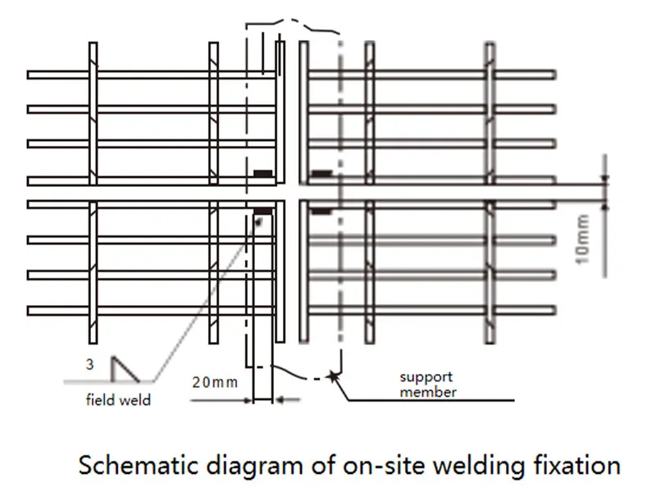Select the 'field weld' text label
(x=118, y=402)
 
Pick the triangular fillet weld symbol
(x=124, y=368)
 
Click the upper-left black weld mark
(x=263, y=173)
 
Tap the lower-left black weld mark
(x=263, y=212)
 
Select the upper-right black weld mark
(x=321, y=173)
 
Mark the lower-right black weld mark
(x=321, y=212)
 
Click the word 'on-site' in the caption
(x=362, y=466)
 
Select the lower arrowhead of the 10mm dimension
(x=606, y=206)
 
